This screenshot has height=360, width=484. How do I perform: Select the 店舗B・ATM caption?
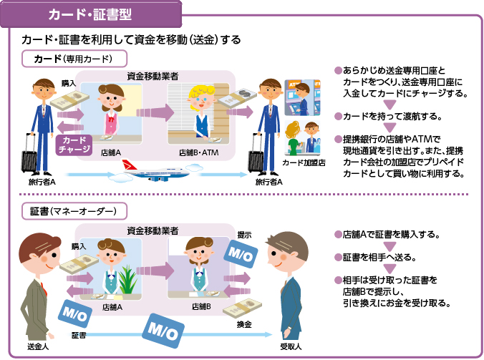pyautogui.click(x=198, y=152)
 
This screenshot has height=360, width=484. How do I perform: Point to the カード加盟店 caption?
pyautogui.click(x=304, y=163)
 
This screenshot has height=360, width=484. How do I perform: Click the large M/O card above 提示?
pyautogui.click(x=240, y=256)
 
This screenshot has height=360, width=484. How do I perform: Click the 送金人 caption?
pyautogui.click(x=37, y=347)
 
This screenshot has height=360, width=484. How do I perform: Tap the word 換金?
pyautogui.click(x=244, y=324)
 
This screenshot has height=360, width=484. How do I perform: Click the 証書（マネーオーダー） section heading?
pyautogui.click(x=78, y=211)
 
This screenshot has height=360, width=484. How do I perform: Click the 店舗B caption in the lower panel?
pyautogui.click(x=201, y=306)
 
